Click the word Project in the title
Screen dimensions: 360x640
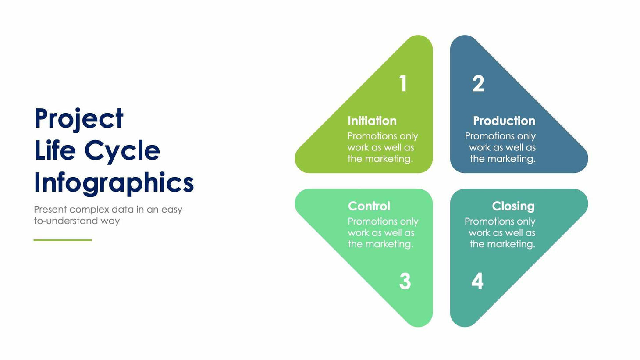pos(79,119)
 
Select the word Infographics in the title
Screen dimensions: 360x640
pos(114,183)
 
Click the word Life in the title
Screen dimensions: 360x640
pos(55,151)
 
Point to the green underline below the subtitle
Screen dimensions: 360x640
pos(63,240)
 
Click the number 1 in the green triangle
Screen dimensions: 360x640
pos(403,83)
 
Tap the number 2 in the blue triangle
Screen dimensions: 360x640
pos(478,83)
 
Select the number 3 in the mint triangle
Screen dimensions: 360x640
pos(405,281)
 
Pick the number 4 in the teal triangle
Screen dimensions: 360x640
pos(477,281)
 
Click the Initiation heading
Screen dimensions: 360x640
pos(372,121)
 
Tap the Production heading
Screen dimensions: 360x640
pos(504,121)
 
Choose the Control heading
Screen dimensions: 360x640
pos(369,206)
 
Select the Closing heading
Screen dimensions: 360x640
pos(513,206)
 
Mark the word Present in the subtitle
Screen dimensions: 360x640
pos(50,210)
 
